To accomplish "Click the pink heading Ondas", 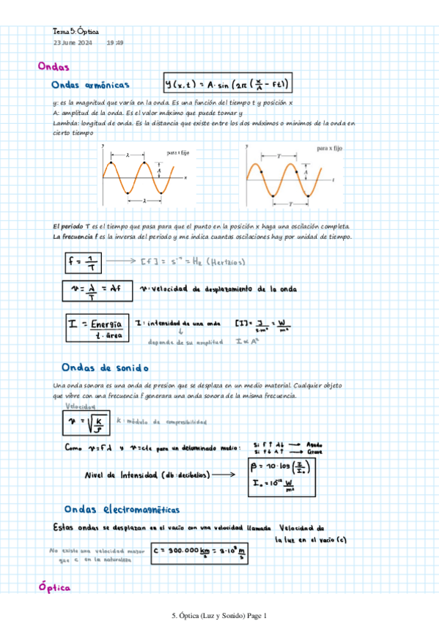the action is click(54, 67).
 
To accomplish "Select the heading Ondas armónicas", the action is click(92, 84).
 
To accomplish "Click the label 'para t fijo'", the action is click(180, 153).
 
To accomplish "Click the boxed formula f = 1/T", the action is click(81, 261).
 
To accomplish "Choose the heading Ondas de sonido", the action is click(106, 367).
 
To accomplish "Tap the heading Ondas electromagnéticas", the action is click(122, 509).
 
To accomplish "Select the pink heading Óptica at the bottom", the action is click(54, 587).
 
